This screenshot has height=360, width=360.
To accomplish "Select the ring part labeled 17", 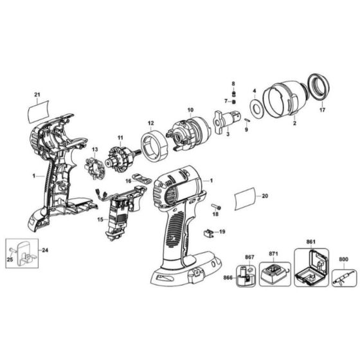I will (x=318, y=86).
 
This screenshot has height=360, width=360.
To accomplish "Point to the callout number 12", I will (x=150, y=123).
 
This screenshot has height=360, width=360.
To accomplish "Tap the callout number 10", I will (x=190, y=111).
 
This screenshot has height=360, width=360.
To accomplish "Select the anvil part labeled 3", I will (x=224, y=120).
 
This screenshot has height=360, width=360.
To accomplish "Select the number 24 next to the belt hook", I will (x=44, y=250).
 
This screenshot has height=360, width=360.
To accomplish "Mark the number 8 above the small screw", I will (x=234, y=84).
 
